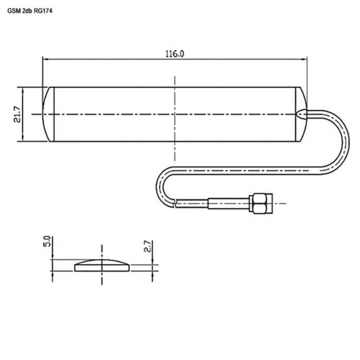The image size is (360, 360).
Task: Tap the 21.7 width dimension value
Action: (x=17, y=114)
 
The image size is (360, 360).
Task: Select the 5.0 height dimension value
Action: (x=46, y=243)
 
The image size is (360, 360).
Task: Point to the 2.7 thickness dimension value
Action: (x=147, y=247)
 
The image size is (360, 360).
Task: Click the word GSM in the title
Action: (x=13, y=10)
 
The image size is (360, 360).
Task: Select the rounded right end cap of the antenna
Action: (x=301, y=114)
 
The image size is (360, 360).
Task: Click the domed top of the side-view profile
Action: (x=101, y=261)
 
